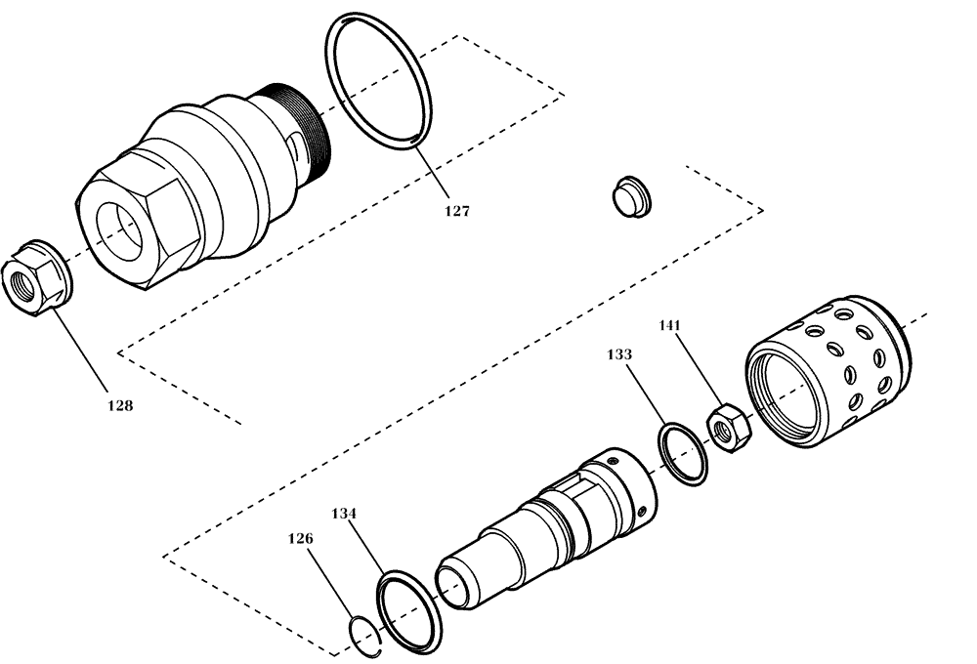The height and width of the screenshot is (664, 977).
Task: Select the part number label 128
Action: pyautogui.click(x=119, y=404)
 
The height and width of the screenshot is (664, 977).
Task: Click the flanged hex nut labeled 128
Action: pyautogui.click(x=38, y=277)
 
